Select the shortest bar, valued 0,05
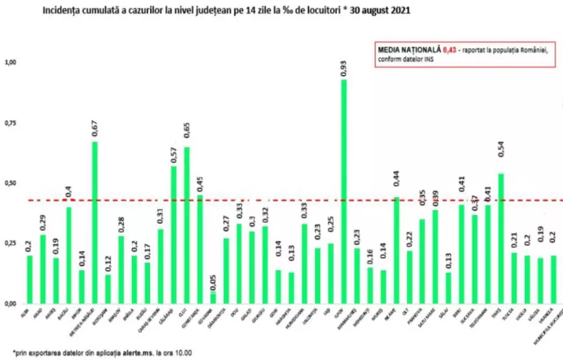pos(212,297)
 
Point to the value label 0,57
pos(173,153)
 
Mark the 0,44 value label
pos(396,184)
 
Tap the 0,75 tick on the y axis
pos(10,123)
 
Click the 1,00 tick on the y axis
pos(10,63)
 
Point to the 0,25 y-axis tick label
pos(10,243)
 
